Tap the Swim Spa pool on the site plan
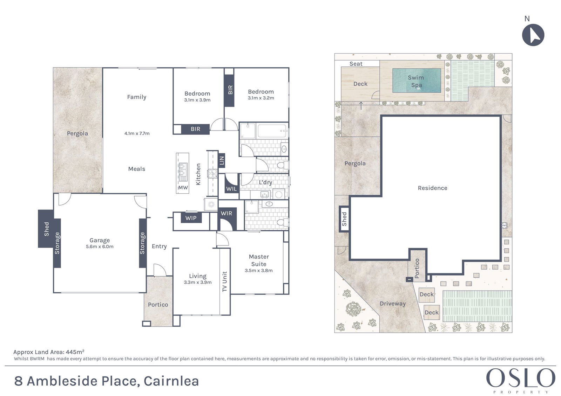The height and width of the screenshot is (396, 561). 417,81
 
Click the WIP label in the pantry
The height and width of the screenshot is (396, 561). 191,218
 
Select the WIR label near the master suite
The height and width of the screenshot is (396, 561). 227,213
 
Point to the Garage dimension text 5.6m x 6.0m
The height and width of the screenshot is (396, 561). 100,246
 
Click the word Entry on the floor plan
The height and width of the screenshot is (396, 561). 159,246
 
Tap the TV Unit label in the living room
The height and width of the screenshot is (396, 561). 224,282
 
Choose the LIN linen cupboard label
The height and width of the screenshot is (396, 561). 222,161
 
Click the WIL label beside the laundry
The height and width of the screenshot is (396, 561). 231,189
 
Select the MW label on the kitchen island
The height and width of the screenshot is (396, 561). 183,188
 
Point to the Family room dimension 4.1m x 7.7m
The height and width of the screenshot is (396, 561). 137,133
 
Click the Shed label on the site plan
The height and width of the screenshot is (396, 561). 344,219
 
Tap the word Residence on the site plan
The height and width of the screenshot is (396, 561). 433,188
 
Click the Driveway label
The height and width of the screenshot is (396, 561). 393,304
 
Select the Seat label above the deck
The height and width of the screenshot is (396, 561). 356,64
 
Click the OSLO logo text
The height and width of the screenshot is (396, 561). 521,378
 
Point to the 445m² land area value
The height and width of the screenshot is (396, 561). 75,352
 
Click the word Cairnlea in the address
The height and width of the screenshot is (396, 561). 171,381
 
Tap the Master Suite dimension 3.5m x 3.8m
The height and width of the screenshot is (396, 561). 259,270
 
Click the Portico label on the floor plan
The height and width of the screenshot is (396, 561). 158,305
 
